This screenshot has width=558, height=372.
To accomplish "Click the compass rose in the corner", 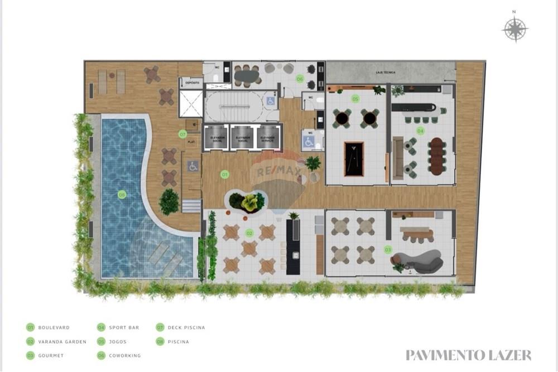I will pyautogui.click(x=516, y=29).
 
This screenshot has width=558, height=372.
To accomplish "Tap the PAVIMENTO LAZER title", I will pyautogui.click(x=468, y=355).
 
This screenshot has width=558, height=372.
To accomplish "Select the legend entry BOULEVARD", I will pyautogui.click(x=54, y=327).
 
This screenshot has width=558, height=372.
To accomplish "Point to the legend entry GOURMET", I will pyautogui.click(x=50, y=355).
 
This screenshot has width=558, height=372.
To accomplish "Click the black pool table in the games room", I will pyautogui.click(x=354, y=159).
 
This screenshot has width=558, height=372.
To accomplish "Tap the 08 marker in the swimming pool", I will pyautogui.click(x=122, y=194).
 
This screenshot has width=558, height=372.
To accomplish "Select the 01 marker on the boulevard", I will pyautogui.click(x=225, y=174).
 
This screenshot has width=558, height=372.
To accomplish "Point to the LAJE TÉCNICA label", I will pyautogui.click(x=386, y=73).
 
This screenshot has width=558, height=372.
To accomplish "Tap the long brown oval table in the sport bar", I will pyautogui.click(x=437, y=156).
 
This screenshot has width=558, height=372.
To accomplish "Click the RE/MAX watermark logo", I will pyautogui.click(x=277, y=170).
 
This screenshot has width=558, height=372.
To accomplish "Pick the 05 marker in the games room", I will pyautogui.click(x=355, y=99).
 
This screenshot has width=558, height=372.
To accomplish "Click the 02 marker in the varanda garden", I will pyautogui.click(x=249, y=233).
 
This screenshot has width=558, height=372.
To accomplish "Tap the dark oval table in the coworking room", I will pyautogui.click(x=247, y=74).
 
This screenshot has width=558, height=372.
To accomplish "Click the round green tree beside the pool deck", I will pyautogui.click(x=169, y=202).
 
